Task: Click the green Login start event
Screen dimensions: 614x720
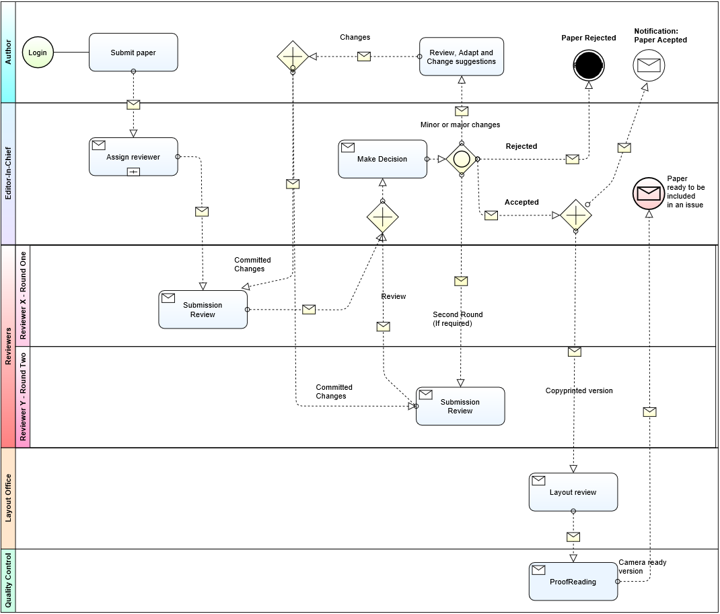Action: point(38,53)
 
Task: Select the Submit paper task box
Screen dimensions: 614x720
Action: point(133,53)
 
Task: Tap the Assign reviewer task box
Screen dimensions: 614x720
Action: point(133,157)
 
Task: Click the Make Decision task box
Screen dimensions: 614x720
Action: point(382,160)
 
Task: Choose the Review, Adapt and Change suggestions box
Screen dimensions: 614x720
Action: point(461,57)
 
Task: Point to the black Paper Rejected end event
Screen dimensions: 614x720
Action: point(589,65)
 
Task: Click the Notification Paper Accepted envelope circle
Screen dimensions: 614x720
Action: point(649,65)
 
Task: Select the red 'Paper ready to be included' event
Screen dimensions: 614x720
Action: point(648,194)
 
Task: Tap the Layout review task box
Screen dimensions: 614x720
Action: point(573,492)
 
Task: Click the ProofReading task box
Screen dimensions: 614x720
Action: point(573,582)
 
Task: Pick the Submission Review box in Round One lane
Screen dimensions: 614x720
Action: point(203,310)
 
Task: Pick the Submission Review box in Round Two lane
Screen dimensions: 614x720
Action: point(460,406)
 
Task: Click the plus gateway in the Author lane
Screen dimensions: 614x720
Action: point(293,56)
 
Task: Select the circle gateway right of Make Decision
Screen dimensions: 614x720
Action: point(462,160)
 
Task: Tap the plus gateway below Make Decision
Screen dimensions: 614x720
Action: point(383,217)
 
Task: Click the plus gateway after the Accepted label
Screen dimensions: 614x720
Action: point(576,215)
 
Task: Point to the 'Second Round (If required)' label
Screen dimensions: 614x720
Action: point(458,319)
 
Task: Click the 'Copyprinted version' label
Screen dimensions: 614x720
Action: point(579,390)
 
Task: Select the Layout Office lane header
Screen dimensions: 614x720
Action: point(8,498)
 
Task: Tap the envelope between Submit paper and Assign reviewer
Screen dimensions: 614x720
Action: point(133,104)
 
